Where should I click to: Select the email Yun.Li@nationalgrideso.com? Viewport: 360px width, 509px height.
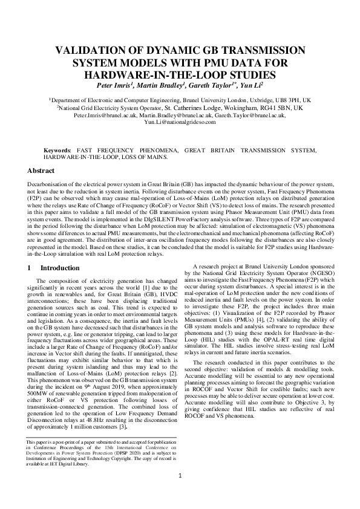coord(180,122)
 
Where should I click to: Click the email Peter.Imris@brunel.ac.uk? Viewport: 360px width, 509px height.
coord(97,114)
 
